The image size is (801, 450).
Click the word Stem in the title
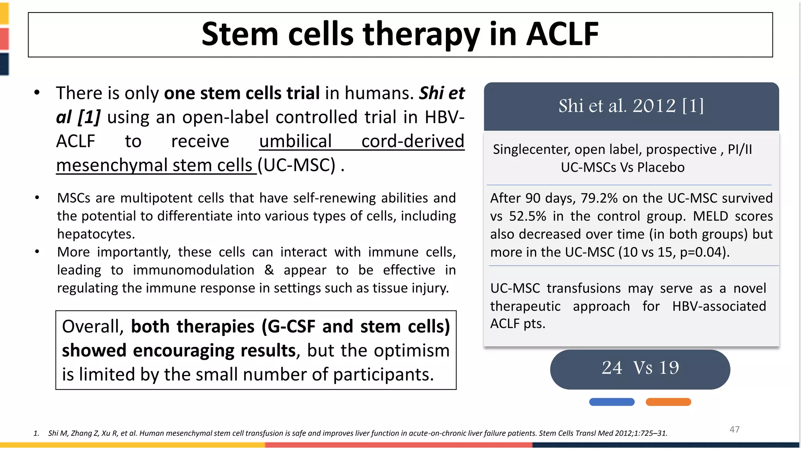[240, 34]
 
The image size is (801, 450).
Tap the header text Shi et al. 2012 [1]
[631, 106]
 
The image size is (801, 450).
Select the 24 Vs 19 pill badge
[640, 369]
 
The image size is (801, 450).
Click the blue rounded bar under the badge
[612, 402]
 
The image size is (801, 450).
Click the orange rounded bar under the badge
[668, 402]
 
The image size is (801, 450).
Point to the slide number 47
[734, 429]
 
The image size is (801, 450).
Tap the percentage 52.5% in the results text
[527, 216]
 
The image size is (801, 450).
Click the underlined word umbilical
[295, 141]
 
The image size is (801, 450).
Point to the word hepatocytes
[96, 234]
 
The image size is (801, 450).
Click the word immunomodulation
[193, 270]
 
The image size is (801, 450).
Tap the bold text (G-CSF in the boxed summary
[288, 327]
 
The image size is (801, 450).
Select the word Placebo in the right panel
[661, 168]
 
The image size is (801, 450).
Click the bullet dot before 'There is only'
[37, 93]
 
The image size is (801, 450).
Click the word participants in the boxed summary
[383, 375]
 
